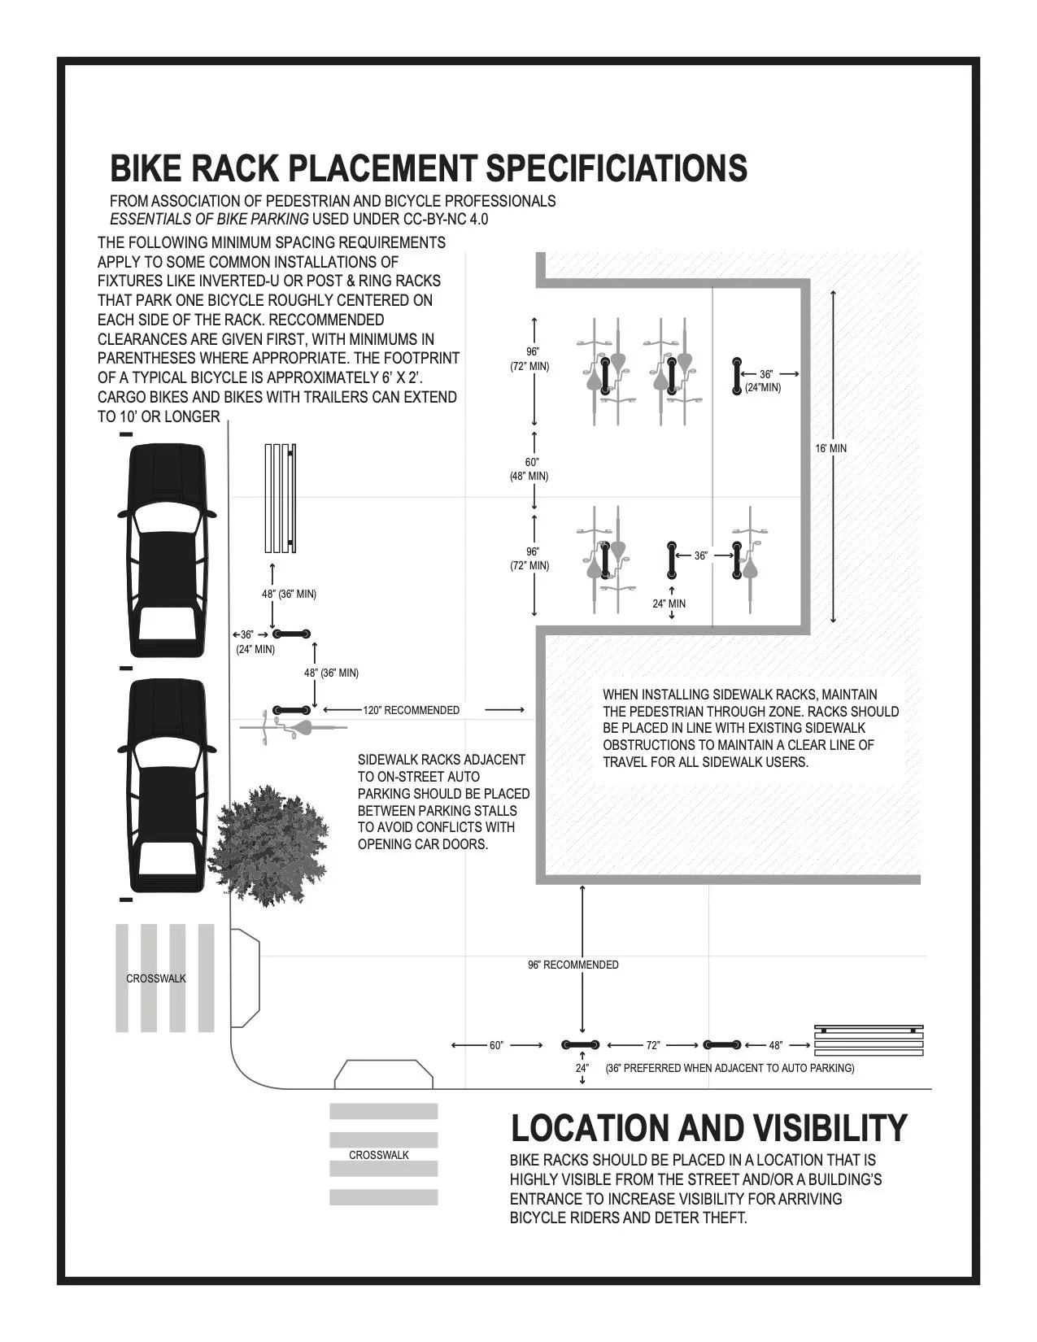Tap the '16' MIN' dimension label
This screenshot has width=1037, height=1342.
click(x=831, y=448)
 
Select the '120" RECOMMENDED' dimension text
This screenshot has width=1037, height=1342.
click(x=411, y=710)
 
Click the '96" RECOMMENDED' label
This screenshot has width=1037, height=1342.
click(x=573, y=965)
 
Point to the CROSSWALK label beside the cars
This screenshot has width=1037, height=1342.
click(x=156, y=978)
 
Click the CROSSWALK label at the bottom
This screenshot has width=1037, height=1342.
click(x=379, y=1155)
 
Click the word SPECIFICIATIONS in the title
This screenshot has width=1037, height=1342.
click(x=616, y=168)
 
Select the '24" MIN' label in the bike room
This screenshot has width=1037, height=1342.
click(x=669, y=603)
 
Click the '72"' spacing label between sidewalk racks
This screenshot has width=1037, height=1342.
click(x=652, y=1044)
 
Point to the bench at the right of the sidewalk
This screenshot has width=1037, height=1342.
click(x=869, y=1041)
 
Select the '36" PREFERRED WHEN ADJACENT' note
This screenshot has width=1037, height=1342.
click(x=730, y=1068)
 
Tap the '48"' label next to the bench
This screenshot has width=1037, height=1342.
click(x=775, y=1044)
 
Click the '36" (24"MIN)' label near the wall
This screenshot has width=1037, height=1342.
click(x=764, y=381)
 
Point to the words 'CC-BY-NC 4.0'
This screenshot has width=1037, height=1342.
click(x=445, y=219)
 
